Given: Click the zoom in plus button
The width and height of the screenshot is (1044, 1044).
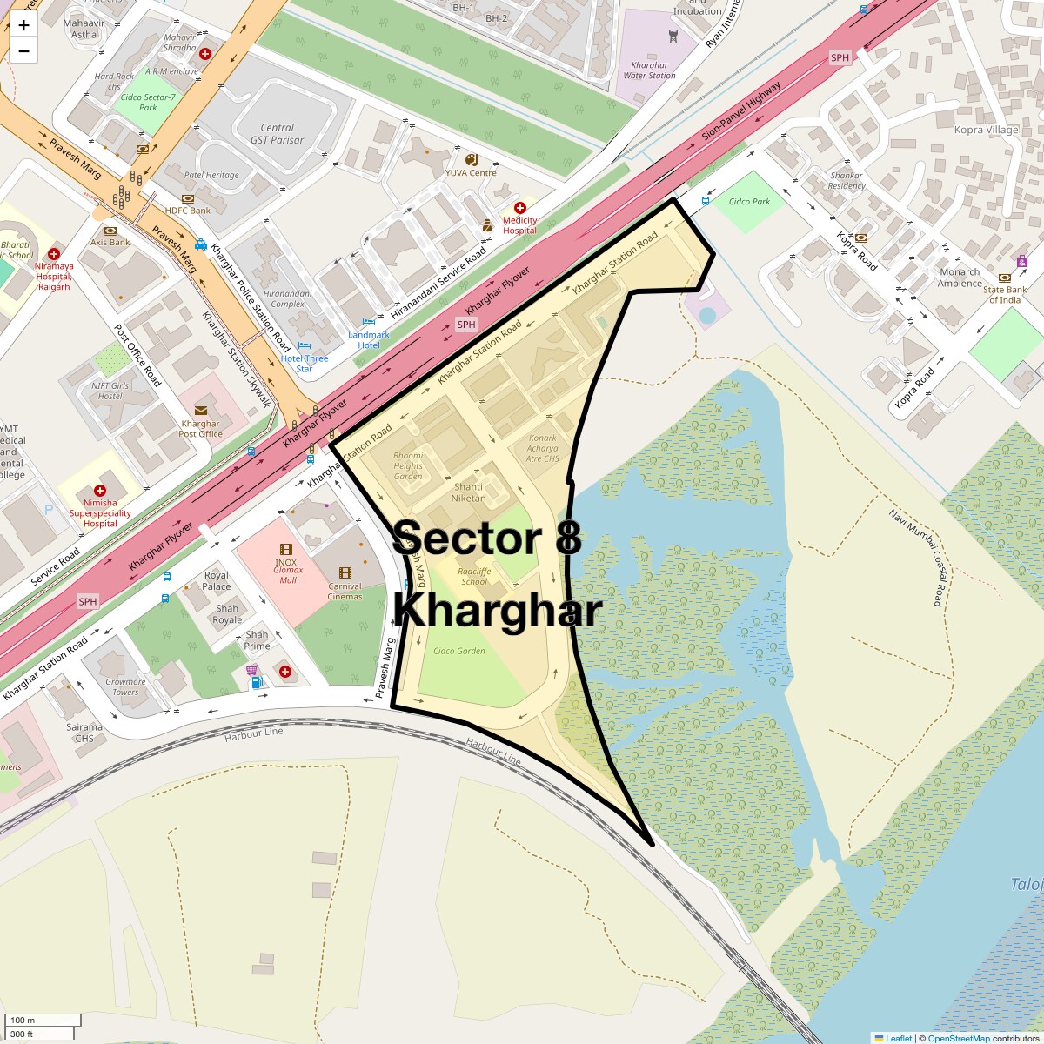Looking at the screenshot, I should (23, 25).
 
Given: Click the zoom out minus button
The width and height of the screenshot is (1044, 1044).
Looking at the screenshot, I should (23, 51).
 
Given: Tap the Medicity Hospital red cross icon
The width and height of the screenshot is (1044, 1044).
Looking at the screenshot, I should (519, 208).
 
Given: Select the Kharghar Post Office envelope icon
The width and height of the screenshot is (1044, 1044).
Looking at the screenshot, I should (201, 411).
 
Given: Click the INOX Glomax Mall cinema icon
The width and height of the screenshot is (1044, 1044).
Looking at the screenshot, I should (285, 549).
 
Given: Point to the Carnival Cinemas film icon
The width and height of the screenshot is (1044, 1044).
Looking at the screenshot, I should (345, 572).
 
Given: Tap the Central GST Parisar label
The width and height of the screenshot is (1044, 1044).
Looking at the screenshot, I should (277, 133).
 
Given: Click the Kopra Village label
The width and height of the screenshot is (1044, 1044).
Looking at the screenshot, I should (986, 130).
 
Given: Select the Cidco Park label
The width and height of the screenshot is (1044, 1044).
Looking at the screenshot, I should (749, 202).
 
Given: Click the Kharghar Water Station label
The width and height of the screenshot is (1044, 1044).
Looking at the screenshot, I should (649, 70).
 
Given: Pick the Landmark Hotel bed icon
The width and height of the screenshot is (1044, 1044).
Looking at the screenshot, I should (368, 322).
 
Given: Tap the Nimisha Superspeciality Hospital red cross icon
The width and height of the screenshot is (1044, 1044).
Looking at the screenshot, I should (100, 491).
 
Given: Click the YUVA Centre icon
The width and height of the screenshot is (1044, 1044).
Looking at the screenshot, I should (472, 160).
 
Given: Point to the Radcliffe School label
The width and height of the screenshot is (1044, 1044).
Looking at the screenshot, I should (474, 577).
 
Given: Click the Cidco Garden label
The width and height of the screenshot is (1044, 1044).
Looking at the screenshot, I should (458, 651).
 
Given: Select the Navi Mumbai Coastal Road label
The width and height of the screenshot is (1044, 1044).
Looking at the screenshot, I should (917, 558).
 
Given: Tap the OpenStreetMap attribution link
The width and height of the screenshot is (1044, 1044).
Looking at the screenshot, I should (958, 1038).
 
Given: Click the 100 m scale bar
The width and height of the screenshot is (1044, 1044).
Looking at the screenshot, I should (43, 1020).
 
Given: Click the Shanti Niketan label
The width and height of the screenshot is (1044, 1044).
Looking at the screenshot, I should (469, 492).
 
